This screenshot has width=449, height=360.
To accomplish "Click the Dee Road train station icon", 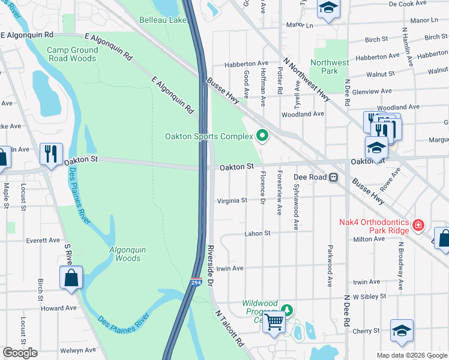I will point(333,178).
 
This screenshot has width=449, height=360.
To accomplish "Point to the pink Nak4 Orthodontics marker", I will point(418,227).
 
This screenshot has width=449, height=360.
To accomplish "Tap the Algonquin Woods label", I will point(125,254).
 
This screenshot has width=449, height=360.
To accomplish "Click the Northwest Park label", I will point(330,67).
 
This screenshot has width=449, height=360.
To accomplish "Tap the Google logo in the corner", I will point(20,353).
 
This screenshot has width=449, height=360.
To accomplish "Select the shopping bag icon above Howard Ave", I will point(71,278).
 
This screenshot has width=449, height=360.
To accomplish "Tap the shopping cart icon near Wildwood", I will point(274,322).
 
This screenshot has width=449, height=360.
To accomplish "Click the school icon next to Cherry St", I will point(402,331).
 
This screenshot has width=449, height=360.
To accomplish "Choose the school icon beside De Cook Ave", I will point(328,8).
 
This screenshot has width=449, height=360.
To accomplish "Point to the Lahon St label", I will point(258,233).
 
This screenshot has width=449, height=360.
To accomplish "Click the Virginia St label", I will point(232,200).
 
